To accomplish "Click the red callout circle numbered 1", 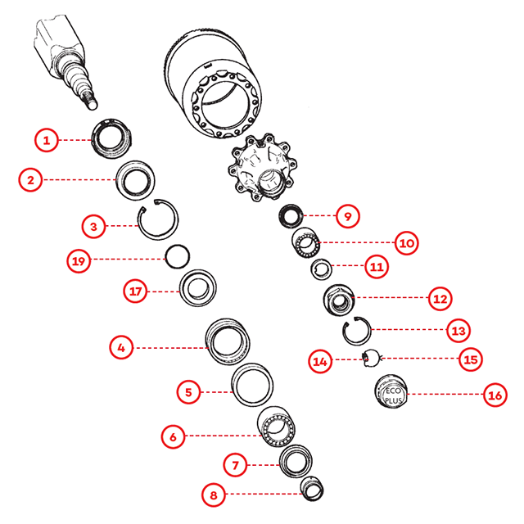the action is (47, 140).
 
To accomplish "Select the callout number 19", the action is (79, 260).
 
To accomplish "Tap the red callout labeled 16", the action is (495, 395).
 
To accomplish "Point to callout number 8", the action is (214, 495).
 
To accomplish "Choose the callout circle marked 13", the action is (458, 331).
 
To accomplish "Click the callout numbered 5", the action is (188, 391).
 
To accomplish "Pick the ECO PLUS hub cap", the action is (391, 391).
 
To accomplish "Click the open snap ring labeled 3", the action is (158, 219).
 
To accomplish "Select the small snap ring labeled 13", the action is (357, 331).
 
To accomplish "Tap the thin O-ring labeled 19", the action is (177, 256).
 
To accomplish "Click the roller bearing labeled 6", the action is (276, 427).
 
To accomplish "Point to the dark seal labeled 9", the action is (291, 216).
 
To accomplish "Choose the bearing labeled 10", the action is (305, 243).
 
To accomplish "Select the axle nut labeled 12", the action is (339, 300).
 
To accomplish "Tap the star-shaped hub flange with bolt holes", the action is (262, 167).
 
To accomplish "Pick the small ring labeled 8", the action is (312, 489).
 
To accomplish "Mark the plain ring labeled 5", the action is (252, 385).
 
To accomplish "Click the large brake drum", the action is (213, 84).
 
